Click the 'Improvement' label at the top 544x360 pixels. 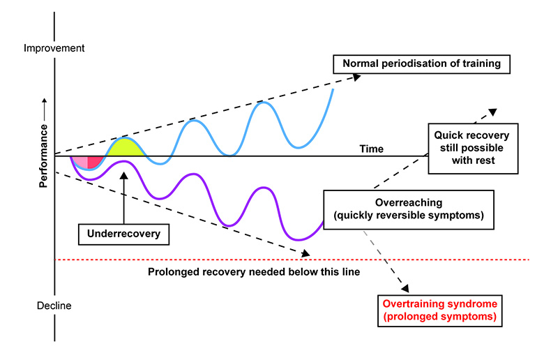(x=54, y=48)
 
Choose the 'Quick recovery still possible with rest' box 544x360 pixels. (x=471, y=147)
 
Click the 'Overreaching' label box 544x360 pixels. (x=409, y=209)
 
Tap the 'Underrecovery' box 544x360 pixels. (x=124, y=233)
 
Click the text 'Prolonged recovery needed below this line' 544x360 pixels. (x=254, y=271)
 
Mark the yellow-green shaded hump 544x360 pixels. (x=125, y=147)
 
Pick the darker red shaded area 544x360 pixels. (x=95, y=161)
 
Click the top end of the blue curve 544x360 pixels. (x=333, y=89)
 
